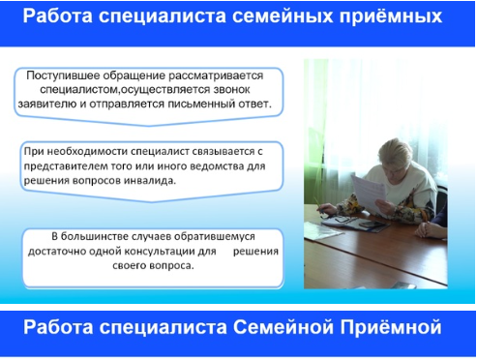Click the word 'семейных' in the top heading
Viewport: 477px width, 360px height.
click(x=283, y=16)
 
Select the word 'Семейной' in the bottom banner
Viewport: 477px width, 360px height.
click(x=283, y=327)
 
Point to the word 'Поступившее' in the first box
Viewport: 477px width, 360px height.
click(x=63, y=75)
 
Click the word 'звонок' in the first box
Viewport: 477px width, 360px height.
click(x=231, y=89)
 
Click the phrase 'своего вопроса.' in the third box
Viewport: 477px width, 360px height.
click(x=153, y=266)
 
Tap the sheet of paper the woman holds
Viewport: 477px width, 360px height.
click(x=370, y=192)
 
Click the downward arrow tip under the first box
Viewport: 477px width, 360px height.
click(x=149, y=125)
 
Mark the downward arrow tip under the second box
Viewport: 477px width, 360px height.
click(x=152, y=201)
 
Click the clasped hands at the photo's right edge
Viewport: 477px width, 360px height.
click(x=427, y=229)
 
